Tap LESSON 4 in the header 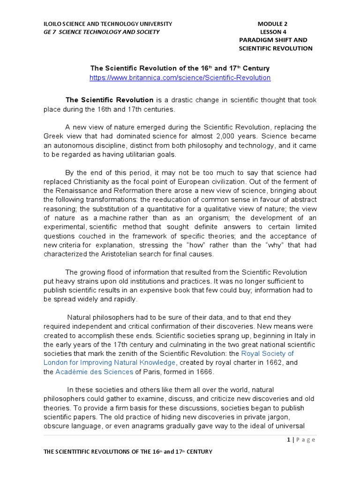pyautogui.click(x=273, y=32)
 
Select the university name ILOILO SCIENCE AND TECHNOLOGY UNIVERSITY pyautogui.click(x=108, y=24)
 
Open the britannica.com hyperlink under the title pyautogui.click(x=180, y=78)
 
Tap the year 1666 pyautogui.click(x=204, y=372)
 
